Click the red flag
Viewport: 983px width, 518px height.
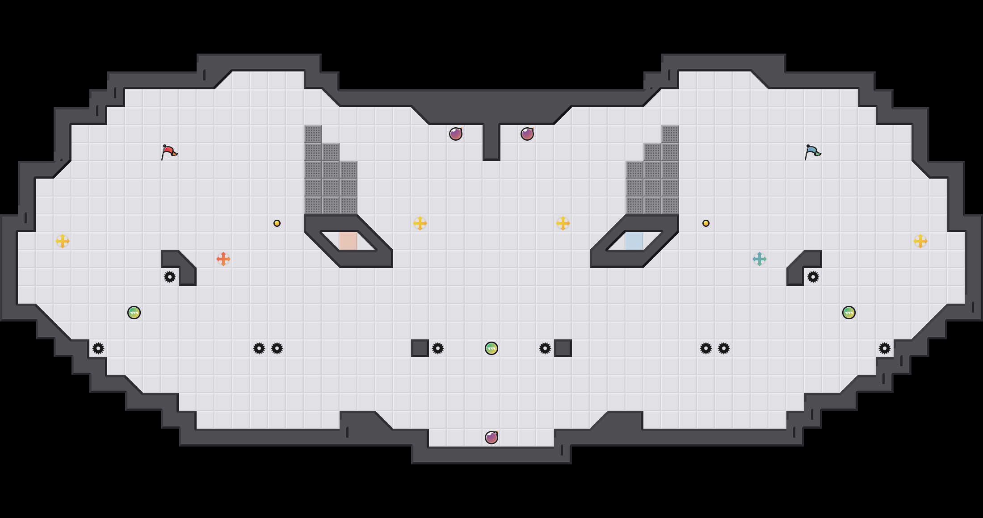point(169,152)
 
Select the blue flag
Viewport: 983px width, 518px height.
point(812,152)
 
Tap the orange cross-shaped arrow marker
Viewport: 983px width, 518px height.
point(223,259)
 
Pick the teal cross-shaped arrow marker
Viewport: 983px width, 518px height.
point(760,259)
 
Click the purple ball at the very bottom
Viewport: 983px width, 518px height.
point(491,438)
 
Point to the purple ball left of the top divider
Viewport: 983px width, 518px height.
point(456,134)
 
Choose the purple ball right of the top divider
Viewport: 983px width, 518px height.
point(527,134)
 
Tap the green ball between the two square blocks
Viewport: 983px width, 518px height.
point(491,348)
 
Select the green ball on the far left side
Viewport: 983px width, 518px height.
point(134,313)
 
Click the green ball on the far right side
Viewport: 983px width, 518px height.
point(849,313)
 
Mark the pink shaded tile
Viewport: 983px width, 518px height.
point(349,241)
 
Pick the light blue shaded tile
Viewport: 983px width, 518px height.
point(634,241)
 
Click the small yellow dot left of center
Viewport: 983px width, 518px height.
point(277,223)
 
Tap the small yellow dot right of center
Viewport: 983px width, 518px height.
point(706,223)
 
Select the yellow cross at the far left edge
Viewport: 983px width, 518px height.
point(63,241)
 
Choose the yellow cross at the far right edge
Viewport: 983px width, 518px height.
point(920,241)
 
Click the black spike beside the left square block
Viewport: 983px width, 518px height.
point(438,348)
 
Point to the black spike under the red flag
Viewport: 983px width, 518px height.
point(170,277)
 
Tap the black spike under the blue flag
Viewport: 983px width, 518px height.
point(813,277)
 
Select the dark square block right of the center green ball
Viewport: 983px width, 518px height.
point(563,348)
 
